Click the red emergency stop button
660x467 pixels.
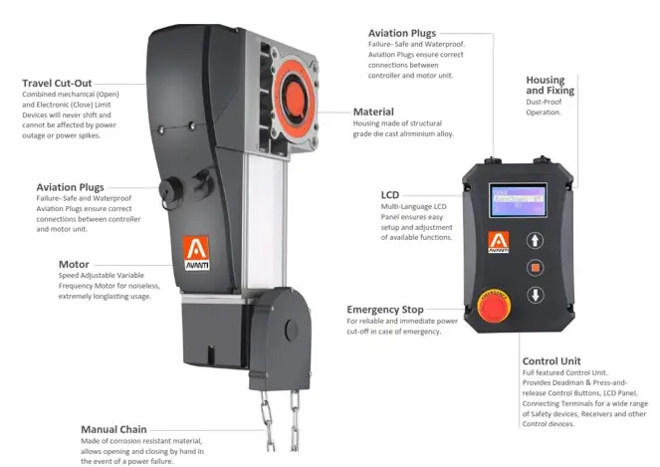494,306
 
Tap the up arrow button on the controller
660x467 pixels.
535,240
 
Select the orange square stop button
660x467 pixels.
535,268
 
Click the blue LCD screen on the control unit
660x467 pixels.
518,200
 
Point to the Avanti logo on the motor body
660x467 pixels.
196,252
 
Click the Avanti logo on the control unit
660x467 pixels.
499,242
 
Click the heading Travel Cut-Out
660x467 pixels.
57,83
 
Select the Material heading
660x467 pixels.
373,112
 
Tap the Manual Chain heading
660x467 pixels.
113,429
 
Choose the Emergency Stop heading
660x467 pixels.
384,310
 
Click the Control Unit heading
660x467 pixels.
551,361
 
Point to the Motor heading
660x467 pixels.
74,265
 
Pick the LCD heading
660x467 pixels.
390,195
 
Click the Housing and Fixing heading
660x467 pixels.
550,85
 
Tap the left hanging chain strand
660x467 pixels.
267,420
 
